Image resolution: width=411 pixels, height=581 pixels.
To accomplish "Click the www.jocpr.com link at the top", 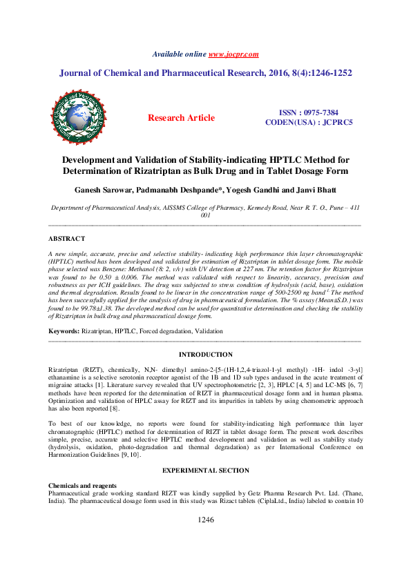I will [233, 54].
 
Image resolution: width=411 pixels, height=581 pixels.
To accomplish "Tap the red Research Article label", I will [181, 118].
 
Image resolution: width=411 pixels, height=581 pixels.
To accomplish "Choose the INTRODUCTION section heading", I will [204, 354].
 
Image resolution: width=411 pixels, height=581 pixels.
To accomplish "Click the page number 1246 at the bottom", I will [205, 540].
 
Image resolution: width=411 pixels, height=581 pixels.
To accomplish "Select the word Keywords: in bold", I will [64, 331].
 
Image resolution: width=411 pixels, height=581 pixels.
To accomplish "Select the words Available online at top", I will [178, 54].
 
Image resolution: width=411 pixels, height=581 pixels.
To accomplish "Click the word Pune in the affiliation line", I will [333, 207].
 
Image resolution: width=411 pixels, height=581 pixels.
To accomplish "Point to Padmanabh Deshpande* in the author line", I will [186, 190].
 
